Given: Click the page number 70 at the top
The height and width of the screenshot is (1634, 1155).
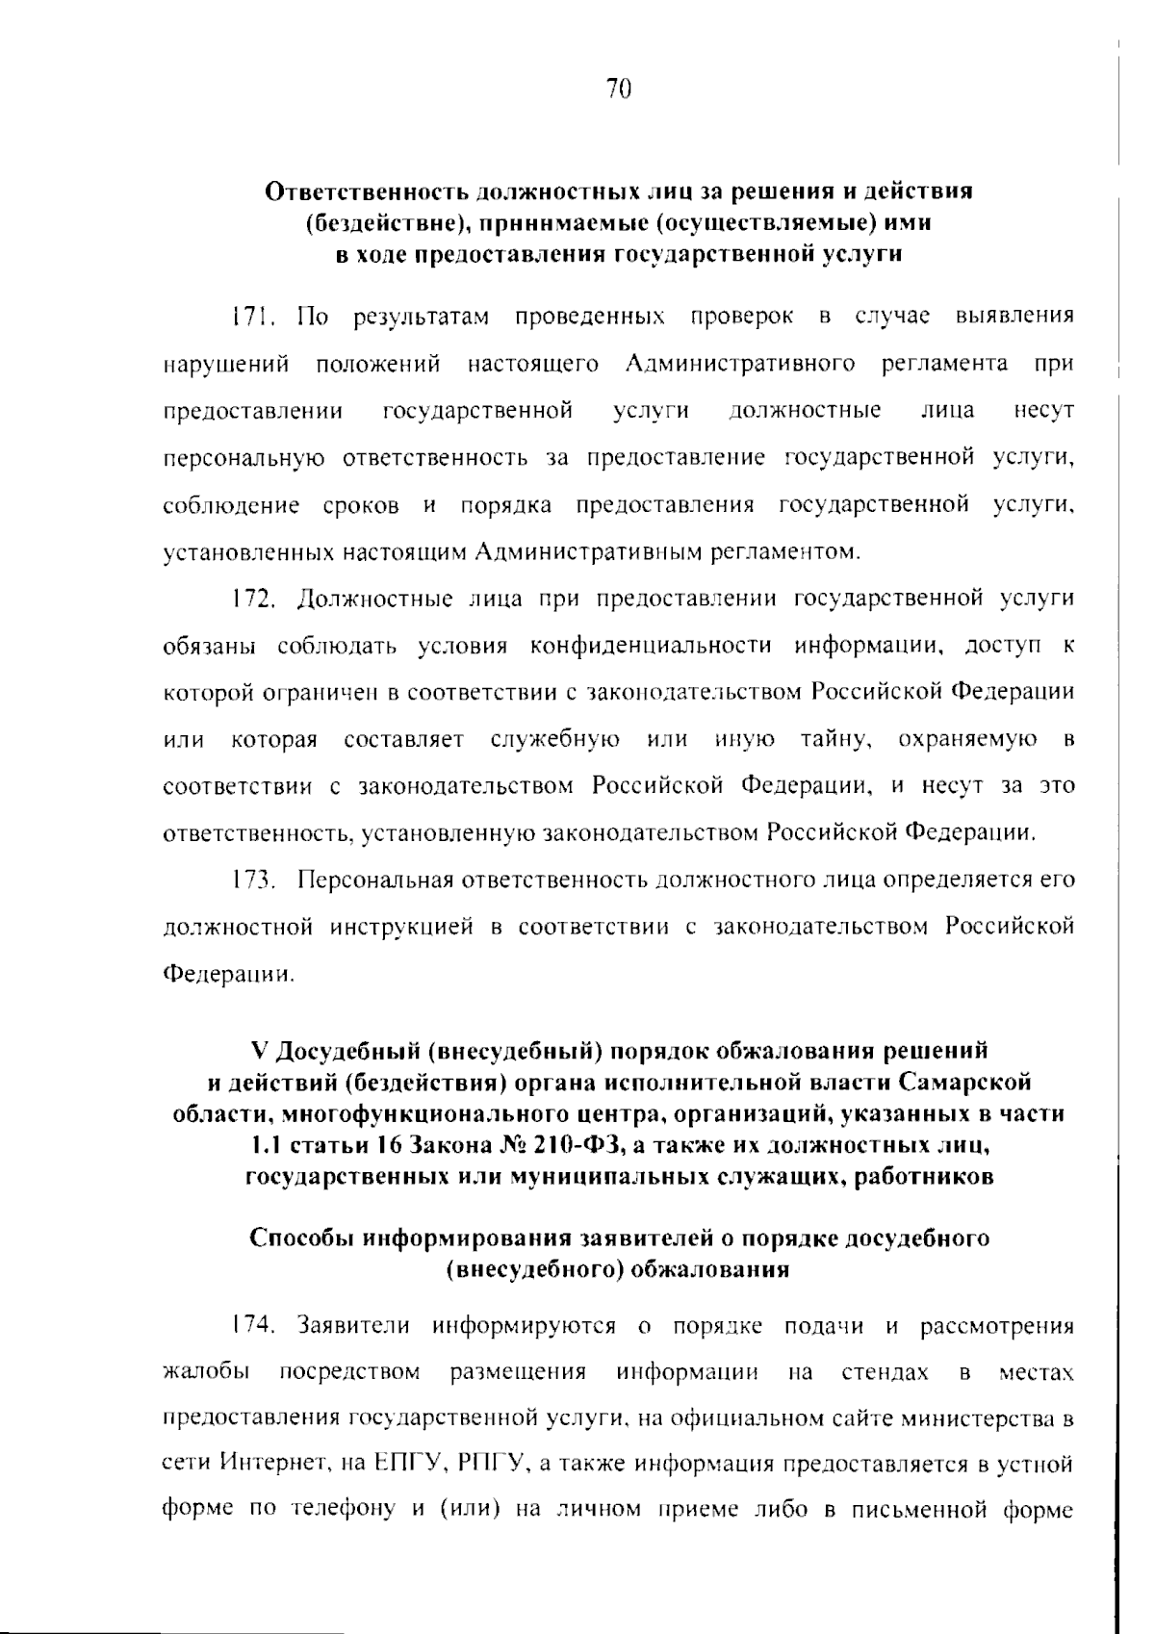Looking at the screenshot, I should (x=619, y=89).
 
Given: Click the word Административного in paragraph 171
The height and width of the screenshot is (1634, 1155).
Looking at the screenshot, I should (x=740, y=364).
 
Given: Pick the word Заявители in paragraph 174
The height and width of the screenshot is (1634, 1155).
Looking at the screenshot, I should (x=354, y=1325).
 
